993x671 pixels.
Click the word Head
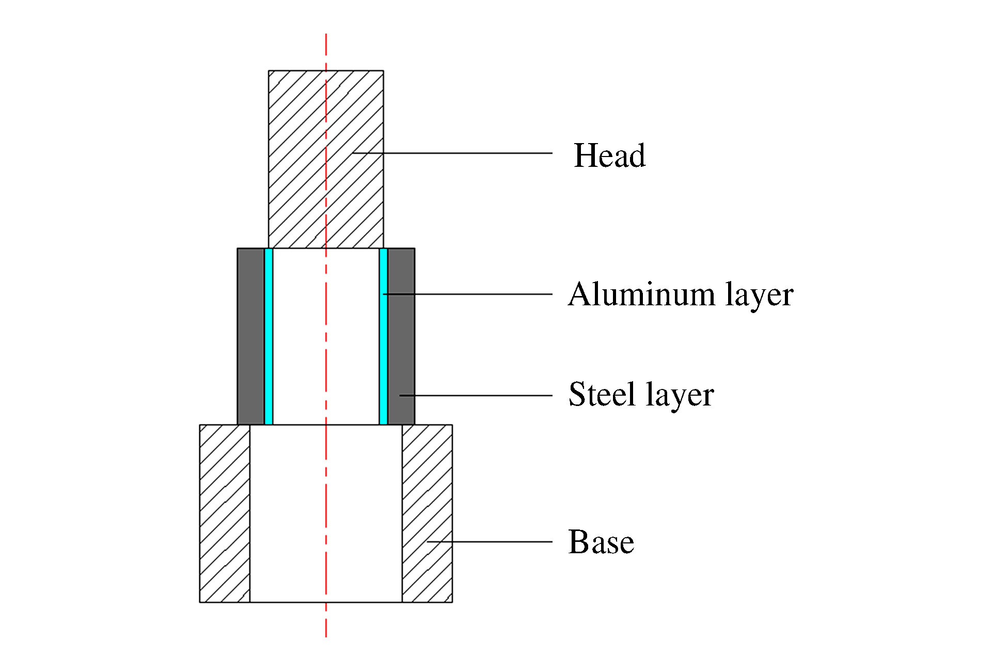click(609, 155)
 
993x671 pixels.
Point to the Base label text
click(601, 542)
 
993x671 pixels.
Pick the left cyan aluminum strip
click(269, 336)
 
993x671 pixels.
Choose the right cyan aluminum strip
click(383, 336)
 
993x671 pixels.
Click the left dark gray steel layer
click(250, 336)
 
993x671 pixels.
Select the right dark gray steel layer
click(401, 336)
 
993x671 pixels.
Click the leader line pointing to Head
click(465, 153)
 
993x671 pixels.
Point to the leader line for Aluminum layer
click(475, 294)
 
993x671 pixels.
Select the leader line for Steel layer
click(480, 396)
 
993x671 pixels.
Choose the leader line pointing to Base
click(491, 542)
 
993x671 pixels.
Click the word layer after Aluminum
click(759, 295)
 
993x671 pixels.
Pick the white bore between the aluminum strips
click(300, 336)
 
